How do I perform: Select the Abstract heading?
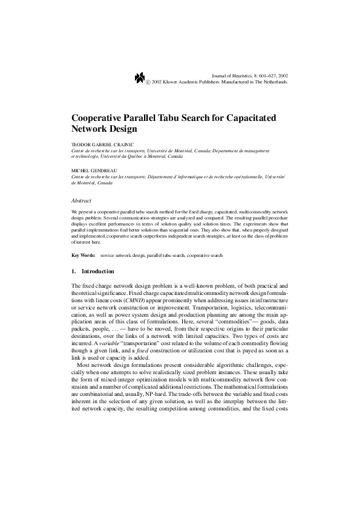81,199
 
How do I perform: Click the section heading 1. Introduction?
93,271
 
